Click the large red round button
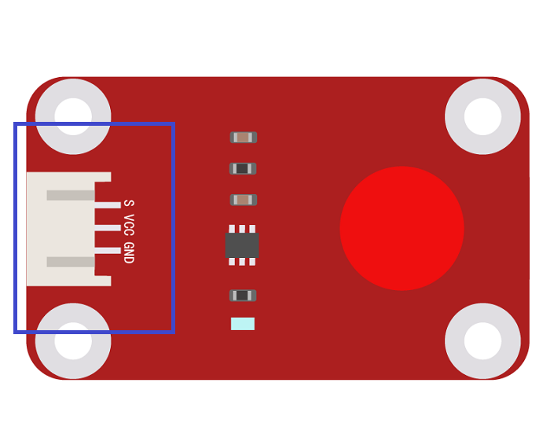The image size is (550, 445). tap(402, 229)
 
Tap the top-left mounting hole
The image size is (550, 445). tap(73, 116)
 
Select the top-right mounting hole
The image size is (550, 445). tap(482, 116)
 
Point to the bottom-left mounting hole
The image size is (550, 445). tap(73, 340)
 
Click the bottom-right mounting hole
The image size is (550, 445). tap(482, 340)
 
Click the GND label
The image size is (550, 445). tap(129, 252)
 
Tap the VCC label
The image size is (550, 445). tap(129, 225)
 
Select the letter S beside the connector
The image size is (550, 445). tap(129, 203)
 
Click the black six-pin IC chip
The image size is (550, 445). tap(242, 245)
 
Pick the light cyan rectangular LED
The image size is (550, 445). tap(243, 324)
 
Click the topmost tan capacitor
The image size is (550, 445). tap(244, 138)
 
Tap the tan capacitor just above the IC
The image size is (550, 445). tap(244, 200)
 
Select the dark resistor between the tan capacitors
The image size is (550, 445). tap(243, 169)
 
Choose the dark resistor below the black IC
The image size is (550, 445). tap(243, 296)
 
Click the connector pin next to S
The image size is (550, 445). tap(108, 205)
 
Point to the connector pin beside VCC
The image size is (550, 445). tap(108, 228)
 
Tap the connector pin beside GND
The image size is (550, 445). tap(108, 251)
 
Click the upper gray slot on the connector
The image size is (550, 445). tap(71, 196)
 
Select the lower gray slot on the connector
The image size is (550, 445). tap(71, 262)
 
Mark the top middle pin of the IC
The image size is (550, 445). tap(242, 229)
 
